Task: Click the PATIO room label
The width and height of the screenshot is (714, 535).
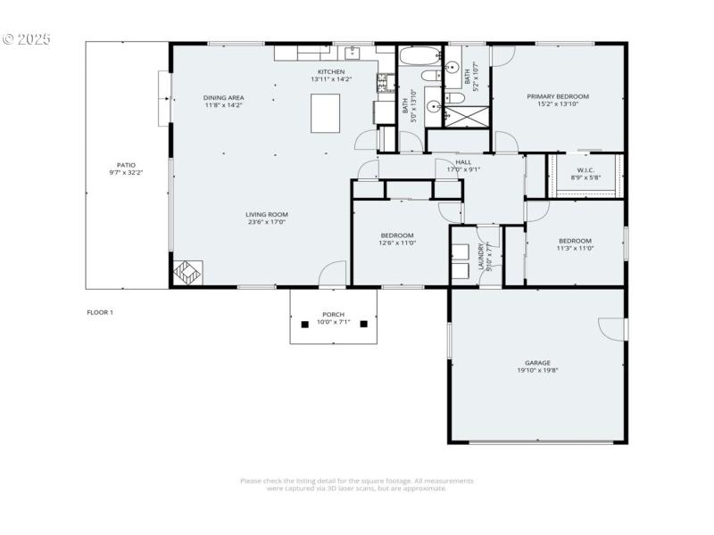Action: click(x=126, y=165)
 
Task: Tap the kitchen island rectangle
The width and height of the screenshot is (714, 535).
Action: click(x=325, y=113)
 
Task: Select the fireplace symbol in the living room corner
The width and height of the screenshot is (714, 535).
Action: click(x=187, y=273)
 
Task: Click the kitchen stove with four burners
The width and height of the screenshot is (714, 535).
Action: click(x=385, y=84)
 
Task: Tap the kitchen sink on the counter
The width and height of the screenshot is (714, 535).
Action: click(x=353, y=52)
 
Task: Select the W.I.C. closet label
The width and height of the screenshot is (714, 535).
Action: click(x=585, y=169)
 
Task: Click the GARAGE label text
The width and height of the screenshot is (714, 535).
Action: click(x=537, y=363)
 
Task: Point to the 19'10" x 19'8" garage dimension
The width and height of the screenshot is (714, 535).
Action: click(x=537, y=371)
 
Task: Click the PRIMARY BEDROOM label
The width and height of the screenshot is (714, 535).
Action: click(x=557, y=96)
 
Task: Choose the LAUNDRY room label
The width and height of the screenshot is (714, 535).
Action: click(x=481, y=256)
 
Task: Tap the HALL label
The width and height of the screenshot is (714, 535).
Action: click(x=463, y=161)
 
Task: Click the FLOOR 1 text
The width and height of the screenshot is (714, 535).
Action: click(x=100, y=312)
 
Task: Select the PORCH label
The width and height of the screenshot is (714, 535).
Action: click(x=333, y=315)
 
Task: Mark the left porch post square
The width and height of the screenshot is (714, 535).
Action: click(x=303, y=323)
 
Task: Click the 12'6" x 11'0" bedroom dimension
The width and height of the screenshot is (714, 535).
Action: click(x=397, y=243)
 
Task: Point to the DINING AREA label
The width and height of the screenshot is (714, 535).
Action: click(x=223, y=97)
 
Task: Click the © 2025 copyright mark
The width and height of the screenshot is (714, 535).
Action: click(x=27, y=39)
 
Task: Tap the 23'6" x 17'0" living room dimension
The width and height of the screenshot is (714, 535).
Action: click(x=267, y=222)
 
